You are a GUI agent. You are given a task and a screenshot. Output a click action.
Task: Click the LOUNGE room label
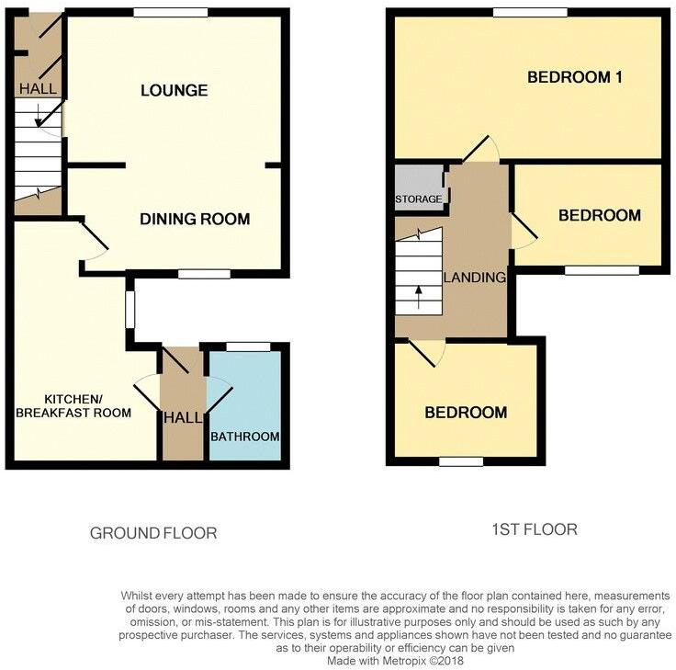pos(174,90)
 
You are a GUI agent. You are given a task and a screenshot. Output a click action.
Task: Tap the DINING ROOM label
pos(195,219)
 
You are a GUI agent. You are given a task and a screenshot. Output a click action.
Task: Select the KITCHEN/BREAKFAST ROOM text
pos(88,405)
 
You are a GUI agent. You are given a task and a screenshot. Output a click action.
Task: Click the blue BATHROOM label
pos(245,436)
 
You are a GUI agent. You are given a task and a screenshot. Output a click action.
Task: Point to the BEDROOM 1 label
pos(575,77)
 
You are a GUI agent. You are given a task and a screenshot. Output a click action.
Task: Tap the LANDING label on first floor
pos(474,278)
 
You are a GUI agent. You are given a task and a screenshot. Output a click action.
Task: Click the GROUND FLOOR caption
pos(153,533)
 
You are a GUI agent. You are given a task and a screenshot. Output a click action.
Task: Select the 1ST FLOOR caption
pos(534,529)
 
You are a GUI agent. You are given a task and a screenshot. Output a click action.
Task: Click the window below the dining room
pos(204,274)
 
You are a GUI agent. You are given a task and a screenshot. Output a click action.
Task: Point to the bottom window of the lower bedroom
pos(461,461)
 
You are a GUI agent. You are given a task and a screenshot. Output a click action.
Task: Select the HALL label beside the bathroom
pos(183,418)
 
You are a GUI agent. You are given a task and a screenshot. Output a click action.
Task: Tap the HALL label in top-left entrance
pos(38,89)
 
